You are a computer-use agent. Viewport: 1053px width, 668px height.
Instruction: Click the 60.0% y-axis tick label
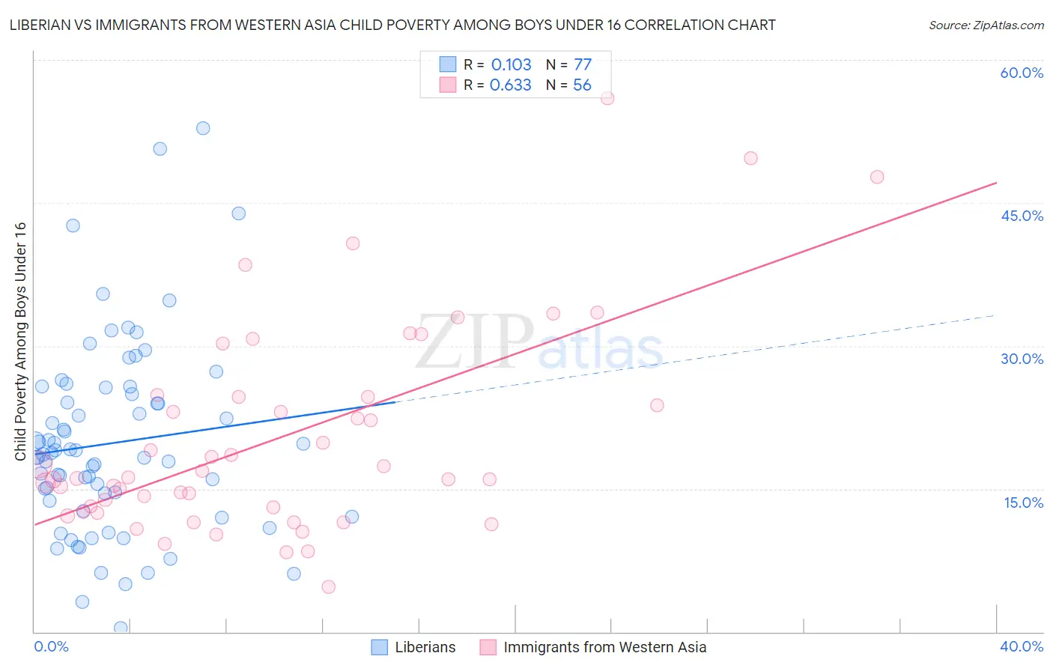1022,73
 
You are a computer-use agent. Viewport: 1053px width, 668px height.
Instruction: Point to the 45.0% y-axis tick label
1022,216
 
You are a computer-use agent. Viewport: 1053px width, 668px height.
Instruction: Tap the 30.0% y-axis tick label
1022,359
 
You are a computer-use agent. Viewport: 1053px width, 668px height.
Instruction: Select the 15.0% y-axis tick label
1023,502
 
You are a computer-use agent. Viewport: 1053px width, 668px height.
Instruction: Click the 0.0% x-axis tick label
51,646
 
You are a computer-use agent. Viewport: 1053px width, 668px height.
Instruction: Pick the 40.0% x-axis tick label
1022,646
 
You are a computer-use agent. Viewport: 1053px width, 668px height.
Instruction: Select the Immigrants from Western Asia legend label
604,648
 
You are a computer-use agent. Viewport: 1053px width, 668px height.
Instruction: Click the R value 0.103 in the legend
511,65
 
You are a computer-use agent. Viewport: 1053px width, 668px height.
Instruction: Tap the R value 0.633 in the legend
510,85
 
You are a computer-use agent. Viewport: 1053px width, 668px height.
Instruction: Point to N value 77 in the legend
583,65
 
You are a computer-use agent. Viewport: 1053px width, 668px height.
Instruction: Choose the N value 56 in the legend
582,85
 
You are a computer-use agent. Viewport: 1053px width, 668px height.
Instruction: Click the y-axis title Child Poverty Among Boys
20,341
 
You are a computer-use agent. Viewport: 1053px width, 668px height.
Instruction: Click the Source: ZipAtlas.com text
986,25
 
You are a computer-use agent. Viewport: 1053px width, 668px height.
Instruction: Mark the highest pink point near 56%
607,98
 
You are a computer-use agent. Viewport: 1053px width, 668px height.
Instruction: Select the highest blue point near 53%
203,128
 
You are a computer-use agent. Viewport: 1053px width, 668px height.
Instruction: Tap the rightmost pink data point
877,177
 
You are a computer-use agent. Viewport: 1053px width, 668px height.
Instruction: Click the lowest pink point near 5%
328,586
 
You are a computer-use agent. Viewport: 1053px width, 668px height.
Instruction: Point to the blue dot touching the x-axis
121,628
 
